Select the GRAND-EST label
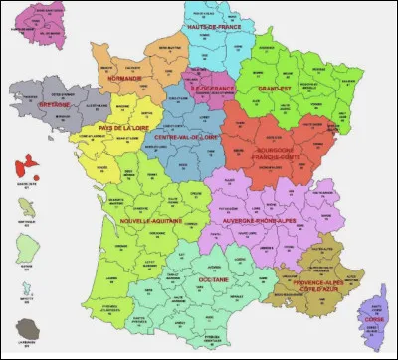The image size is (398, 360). point(274,88)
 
